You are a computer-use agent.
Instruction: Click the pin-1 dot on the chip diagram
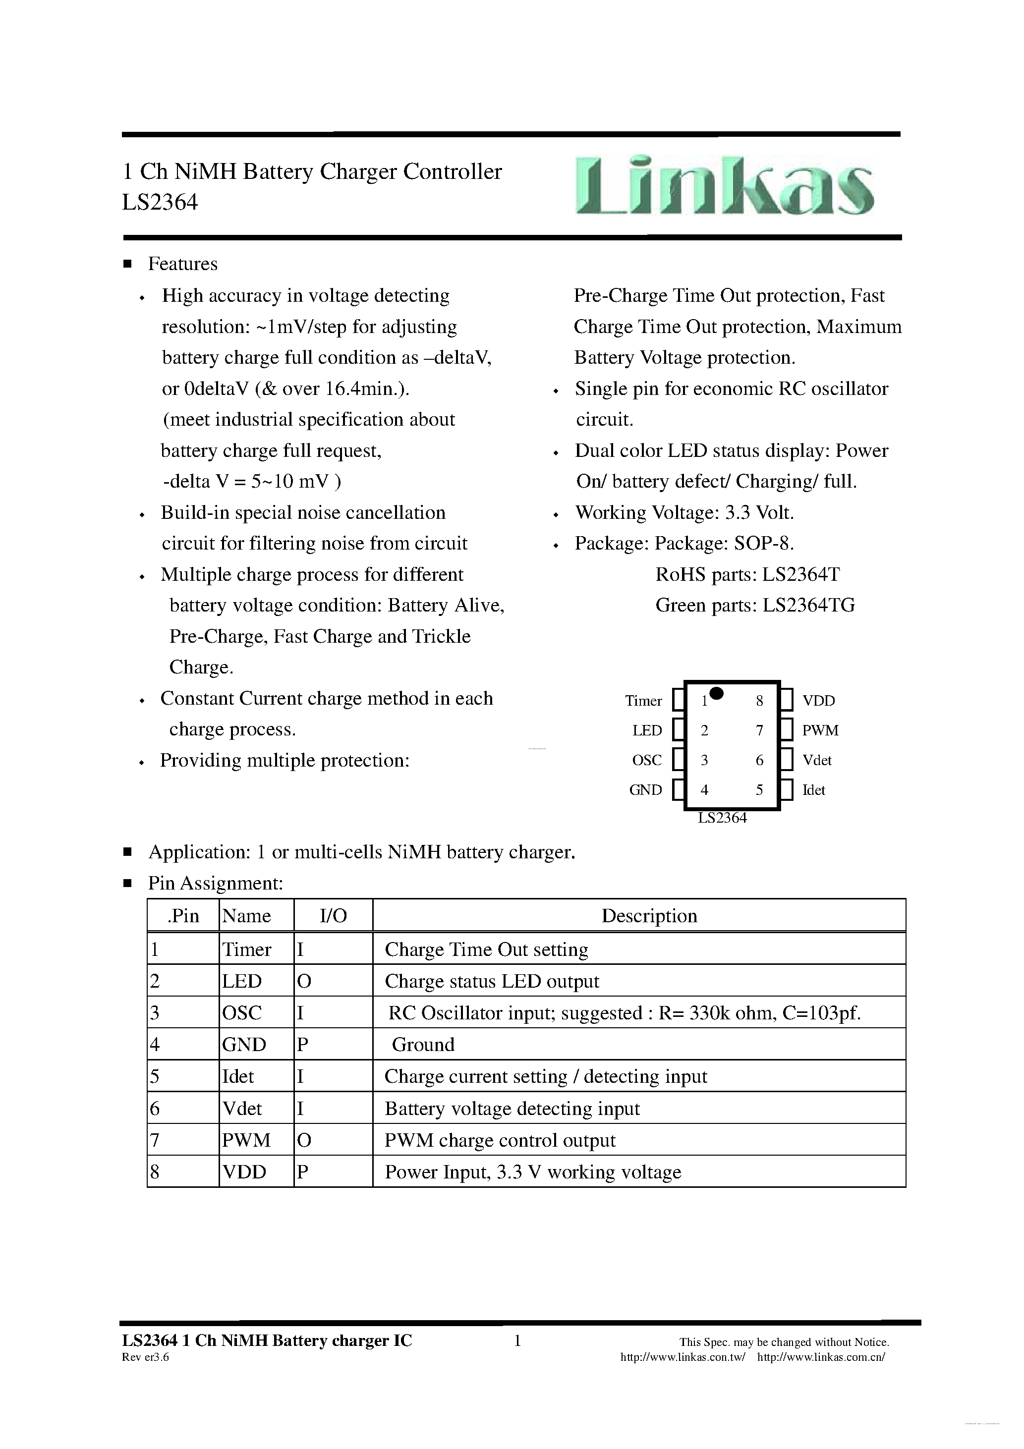tap(716, 693)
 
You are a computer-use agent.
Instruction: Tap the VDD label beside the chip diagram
tap(818, 701)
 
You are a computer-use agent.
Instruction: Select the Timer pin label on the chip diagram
tap(643, 701)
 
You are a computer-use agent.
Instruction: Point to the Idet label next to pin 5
tap(813, 790)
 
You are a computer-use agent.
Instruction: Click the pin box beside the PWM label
tap(786, 730)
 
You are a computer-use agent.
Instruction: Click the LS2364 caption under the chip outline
tap(722, 818)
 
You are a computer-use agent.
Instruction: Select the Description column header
tap(648, 916)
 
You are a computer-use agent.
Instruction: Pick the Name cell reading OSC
tap(242, 1013)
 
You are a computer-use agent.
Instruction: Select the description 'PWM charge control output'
tap(500, 1140)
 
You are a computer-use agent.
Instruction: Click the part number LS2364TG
tap(808, 605)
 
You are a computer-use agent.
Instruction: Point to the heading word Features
tap(182, 264)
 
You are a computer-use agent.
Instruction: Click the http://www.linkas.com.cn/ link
tap(821, 1357)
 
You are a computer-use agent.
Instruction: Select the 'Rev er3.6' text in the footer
tap(145, 1357)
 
